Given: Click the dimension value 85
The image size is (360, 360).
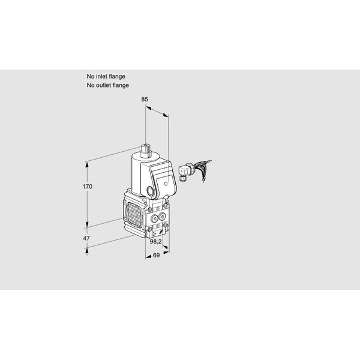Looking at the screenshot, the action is tap(145, 99).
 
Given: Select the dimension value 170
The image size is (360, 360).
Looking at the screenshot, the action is tap(88, 187).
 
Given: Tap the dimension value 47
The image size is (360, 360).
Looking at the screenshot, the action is tap(86, 238).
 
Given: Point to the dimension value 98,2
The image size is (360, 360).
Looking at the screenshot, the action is tap(156, 242).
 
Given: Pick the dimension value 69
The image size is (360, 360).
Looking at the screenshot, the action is tap(156, 255).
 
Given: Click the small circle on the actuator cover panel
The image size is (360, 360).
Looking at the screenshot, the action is tap(166, 184).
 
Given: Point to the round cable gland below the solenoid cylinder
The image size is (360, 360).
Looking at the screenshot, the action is tap(151, 191).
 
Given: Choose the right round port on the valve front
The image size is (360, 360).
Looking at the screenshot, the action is tap(162, 216).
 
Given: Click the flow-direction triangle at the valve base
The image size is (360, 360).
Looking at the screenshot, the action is tap(155, 234).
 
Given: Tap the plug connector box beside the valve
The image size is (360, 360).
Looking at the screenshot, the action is tap(184, 170).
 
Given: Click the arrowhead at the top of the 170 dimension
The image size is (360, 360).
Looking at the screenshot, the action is tap(87, 164).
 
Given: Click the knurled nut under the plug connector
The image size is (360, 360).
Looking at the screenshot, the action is tap(182, 178).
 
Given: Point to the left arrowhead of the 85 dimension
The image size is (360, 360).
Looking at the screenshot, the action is tap(149, 107).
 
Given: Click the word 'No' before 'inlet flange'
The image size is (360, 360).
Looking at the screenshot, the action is tap(90, 76).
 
